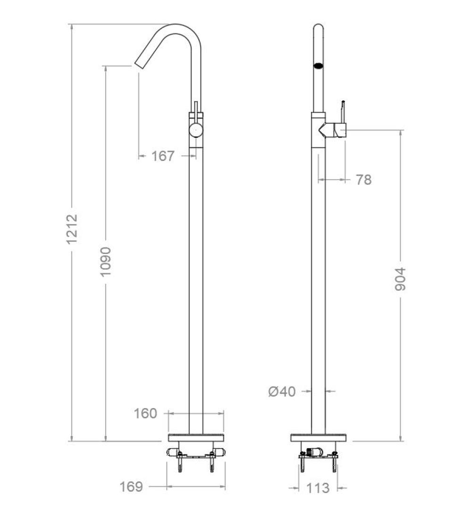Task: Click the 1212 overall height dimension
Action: click(x=72, y=229)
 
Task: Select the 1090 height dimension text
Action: click(x=106, y=261)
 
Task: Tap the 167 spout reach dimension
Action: click(x=163, y=156)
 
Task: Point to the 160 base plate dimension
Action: click(x=145, y=413)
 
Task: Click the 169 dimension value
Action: click(x=131, y=487)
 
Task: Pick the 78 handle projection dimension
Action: click(x=363, y=180)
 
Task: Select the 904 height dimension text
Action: click(x=400, y=279)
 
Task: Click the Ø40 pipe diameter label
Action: click(x=282, y=391)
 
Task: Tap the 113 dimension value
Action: click(x=318, y=488)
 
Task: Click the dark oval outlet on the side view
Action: click(x=319, y=65)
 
